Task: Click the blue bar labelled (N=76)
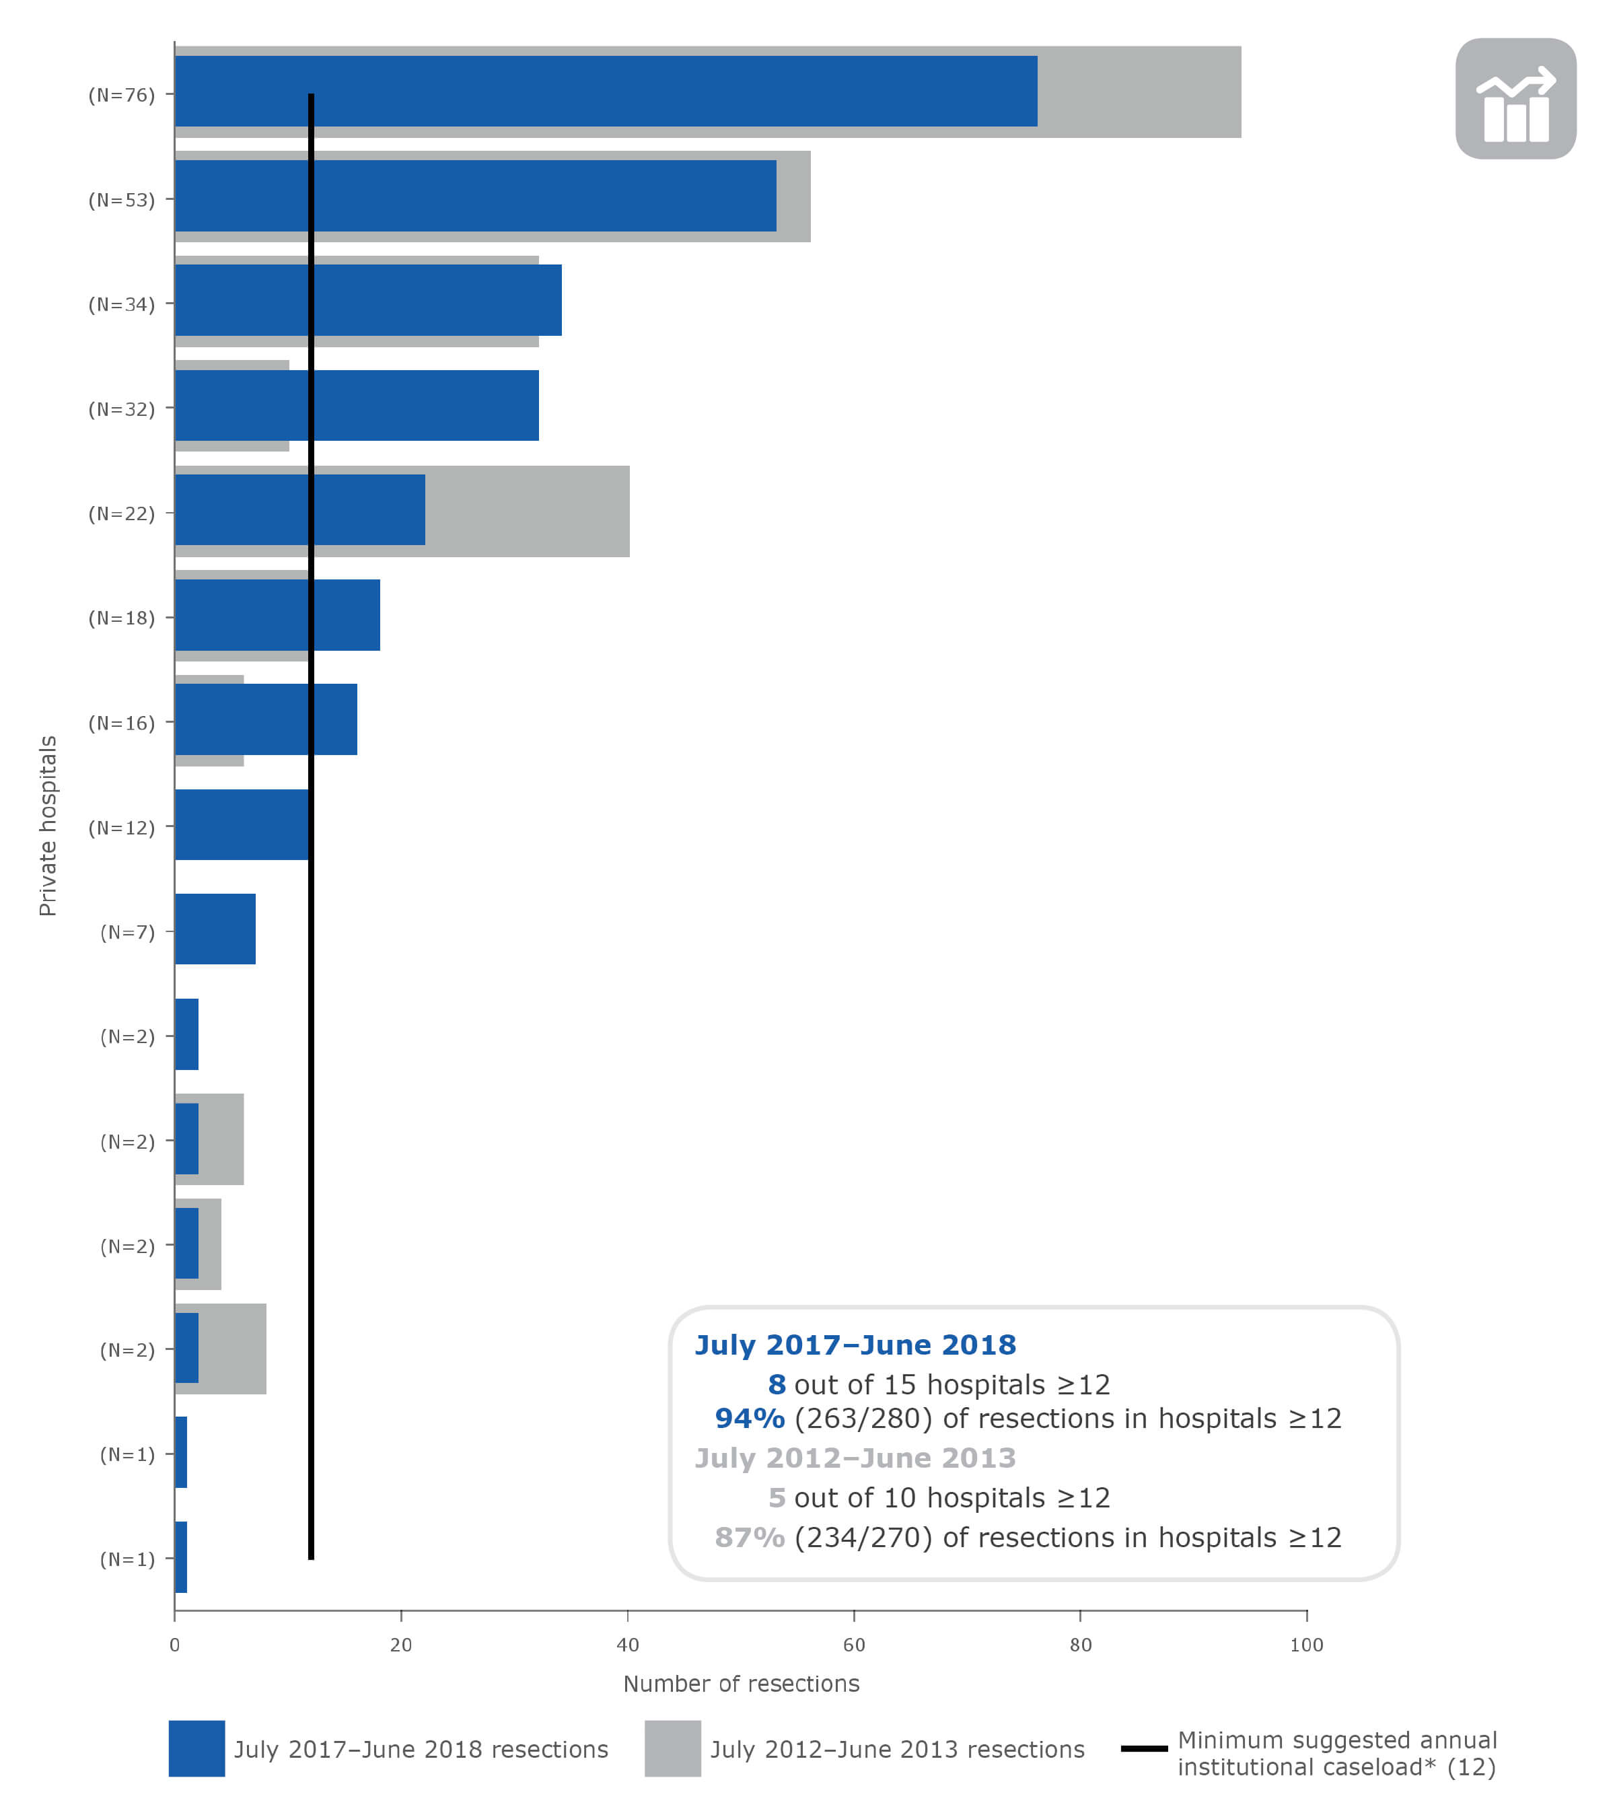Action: coord(604,92)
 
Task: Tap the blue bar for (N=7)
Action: coord(215,929)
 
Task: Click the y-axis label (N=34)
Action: coord(121,305)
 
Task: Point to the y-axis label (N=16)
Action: coord(121,723)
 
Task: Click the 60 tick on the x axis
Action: coord(853,1645)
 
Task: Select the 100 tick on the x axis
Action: coord(1305,1645)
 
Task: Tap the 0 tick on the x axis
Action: coord(174,1645)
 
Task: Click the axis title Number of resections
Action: coord(740,1684)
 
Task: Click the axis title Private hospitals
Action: coord(48,826)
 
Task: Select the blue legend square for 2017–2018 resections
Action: coord(196,1748)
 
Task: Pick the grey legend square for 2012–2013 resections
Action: coord(672,1748)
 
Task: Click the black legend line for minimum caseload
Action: coord(1143,1748)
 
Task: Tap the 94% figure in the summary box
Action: coord(749,1419)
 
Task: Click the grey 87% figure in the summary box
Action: coord(749,1538)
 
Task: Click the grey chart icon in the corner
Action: coord(1515,99)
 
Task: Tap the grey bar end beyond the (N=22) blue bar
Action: coord(526,511)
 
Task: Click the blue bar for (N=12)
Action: coord(241,824)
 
